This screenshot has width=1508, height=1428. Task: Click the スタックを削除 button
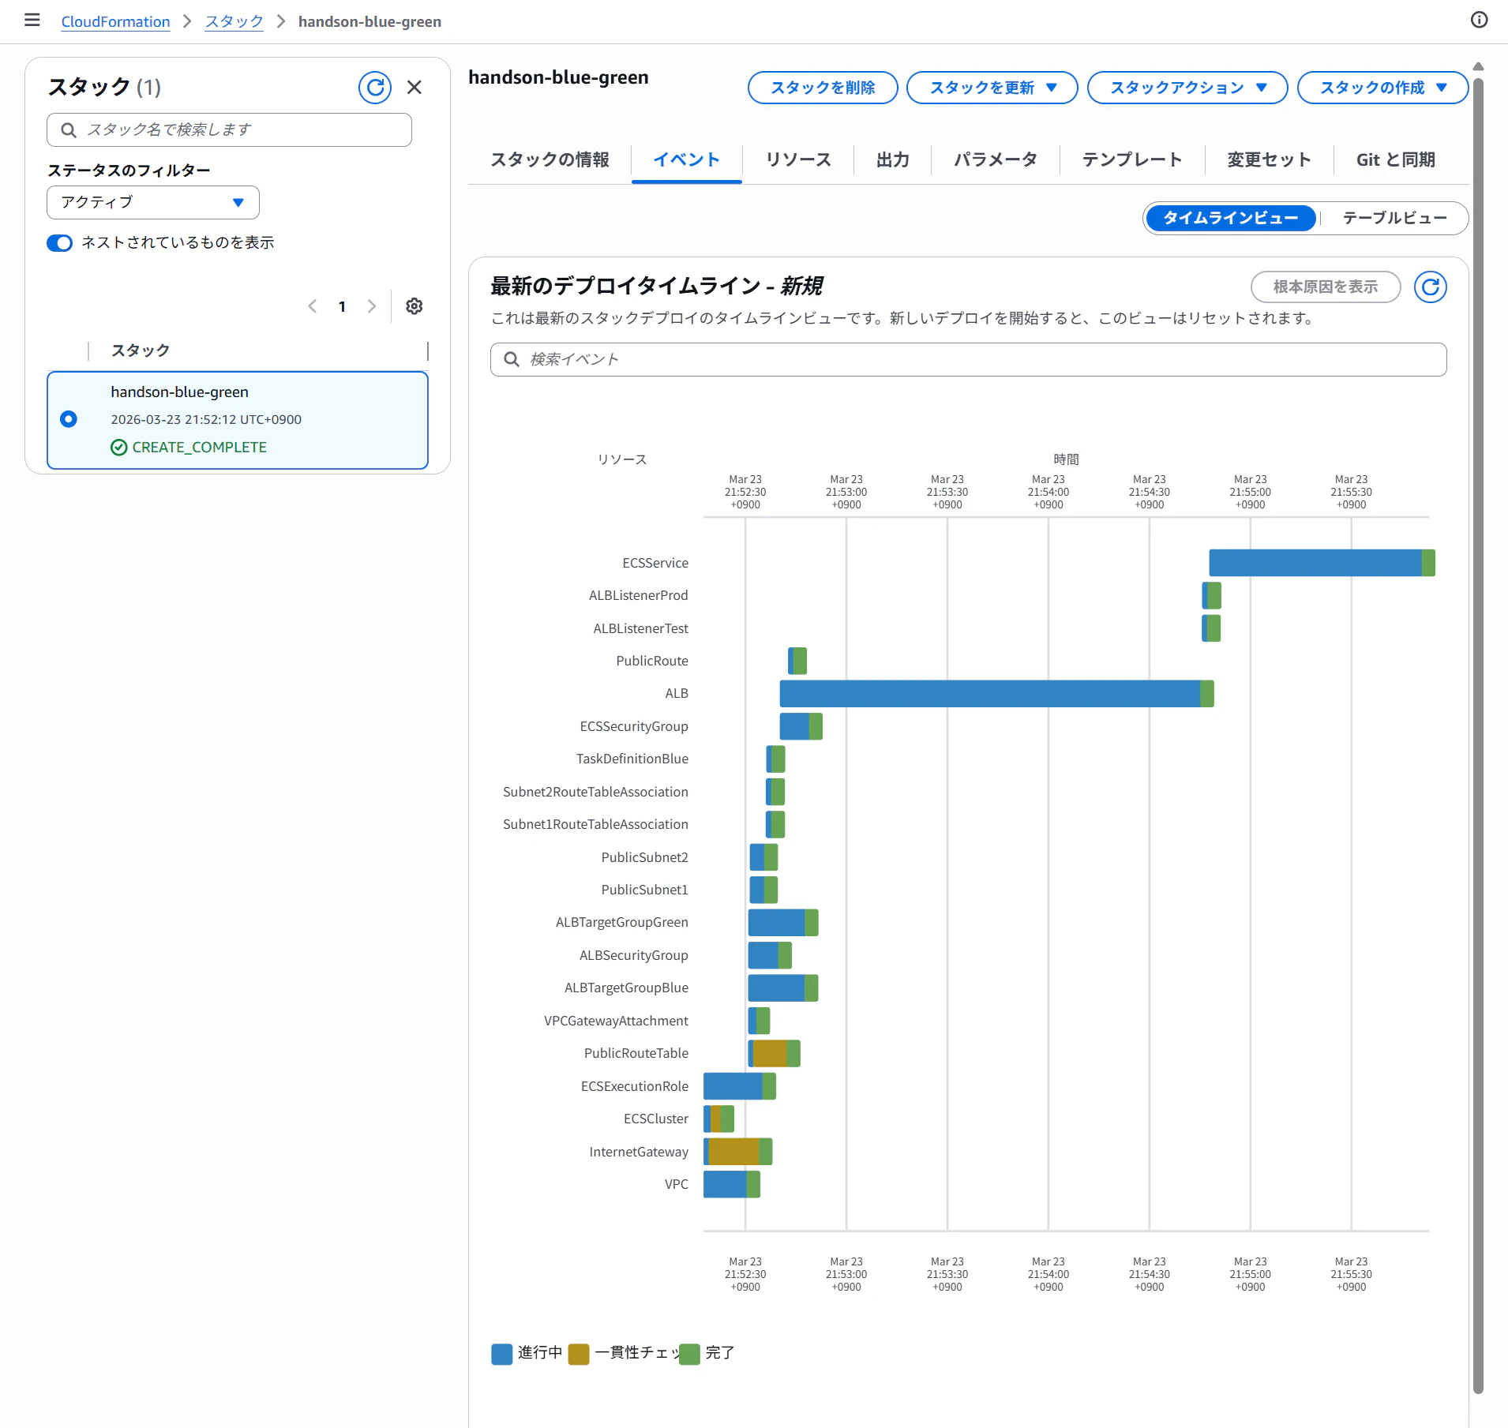823,88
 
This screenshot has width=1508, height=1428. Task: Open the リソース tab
798,159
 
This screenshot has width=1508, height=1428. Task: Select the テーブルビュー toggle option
1394,218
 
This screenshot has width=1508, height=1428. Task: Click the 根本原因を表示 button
1326,287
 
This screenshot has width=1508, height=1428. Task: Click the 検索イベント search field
969,359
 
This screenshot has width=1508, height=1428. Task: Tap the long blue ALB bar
990,693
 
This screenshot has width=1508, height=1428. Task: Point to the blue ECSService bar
1315,563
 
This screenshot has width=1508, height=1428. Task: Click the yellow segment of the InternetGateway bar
733,1152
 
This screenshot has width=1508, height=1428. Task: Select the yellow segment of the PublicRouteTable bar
770,1053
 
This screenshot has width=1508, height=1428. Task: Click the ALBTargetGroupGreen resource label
622,922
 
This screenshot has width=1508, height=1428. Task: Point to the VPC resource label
677,1184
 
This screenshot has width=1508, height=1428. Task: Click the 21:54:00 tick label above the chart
1048,492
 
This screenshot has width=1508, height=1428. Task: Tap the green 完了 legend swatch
690,1354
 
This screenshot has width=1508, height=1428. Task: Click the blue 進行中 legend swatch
501,1354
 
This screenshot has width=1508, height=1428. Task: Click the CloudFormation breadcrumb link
116,21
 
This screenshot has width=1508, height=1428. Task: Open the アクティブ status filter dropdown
153,202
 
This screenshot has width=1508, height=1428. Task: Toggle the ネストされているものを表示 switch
59,242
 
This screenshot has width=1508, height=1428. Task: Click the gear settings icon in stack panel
415,306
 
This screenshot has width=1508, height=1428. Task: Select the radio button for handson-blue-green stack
69,419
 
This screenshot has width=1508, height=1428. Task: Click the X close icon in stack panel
415,88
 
